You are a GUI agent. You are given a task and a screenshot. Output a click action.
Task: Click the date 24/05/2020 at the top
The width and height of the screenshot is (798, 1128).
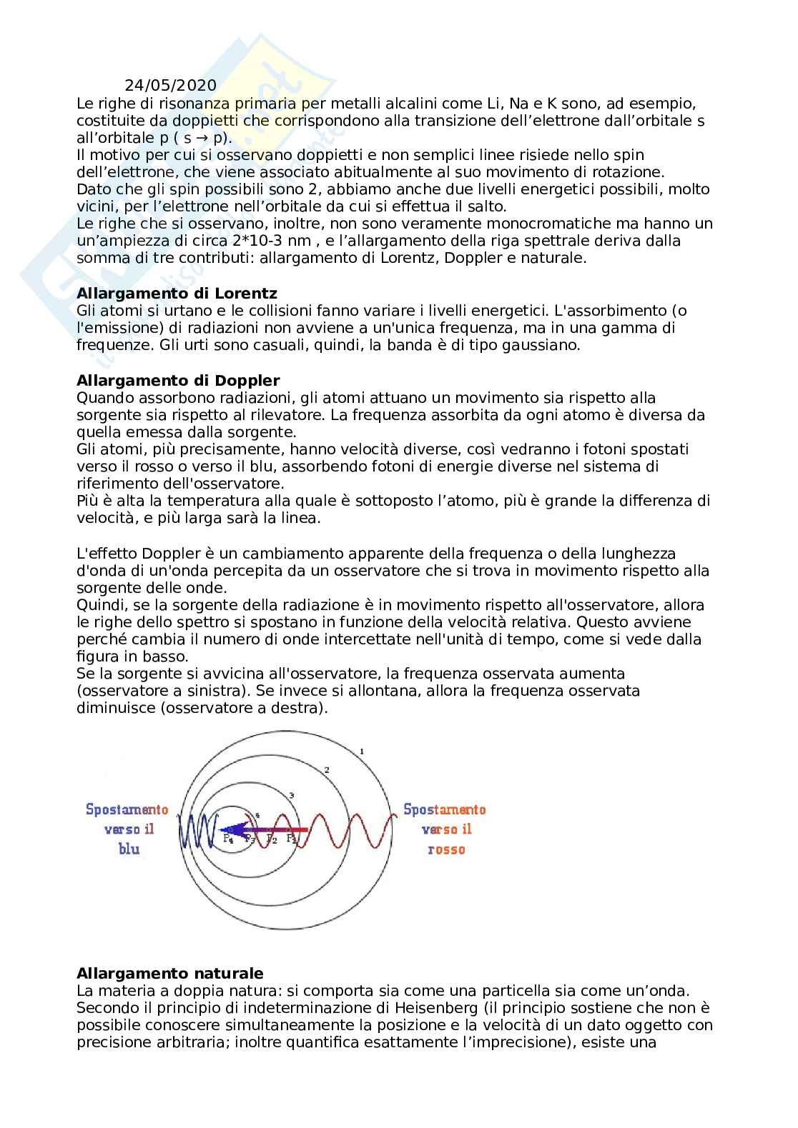click(170, 86)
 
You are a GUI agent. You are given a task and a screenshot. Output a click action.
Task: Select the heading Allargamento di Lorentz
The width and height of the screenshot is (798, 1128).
click(177, 293)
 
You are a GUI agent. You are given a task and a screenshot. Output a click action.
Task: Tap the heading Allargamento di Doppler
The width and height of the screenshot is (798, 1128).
click(178, 380)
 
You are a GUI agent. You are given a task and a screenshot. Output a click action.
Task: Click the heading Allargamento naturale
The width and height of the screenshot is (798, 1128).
click(169, 973)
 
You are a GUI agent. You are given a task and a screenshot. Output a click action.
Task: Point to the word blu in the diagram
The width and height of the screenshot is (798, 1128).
click(129, 849)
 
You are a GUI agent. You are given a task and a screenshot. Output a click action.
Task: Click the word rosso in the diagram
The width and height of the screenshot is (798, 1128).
click(446, 849)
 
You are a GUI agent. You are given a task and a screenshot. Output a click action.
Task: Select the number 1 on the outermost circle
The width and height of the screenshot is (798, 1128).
click(363, 751)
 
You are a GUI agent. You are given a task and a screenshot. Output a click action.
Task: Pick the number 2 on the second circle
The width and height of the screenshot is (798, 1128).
click(326, 769)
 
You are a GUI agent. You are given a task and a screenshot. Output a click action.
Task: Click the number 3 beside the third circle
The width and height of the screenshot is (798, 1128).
click(291, 795)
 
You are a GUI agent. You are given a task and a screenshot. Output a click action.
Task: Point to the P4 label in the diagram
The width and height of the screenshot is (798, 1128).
click(228, 839)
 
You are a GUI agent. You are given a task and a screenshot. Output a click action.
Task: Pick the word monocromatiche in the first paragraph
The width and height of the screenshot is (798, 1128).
click(546, 224)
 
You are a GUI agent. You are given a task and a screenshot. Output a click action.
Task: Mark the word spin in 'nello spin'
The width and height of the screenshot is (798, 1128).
click(629, 155)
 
